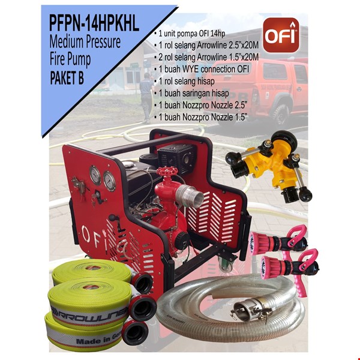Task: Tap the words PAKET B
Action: point(80,77)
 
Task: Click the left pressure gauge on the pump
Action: point(95,175)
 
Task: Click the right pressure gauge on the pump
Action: point(109,180)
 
